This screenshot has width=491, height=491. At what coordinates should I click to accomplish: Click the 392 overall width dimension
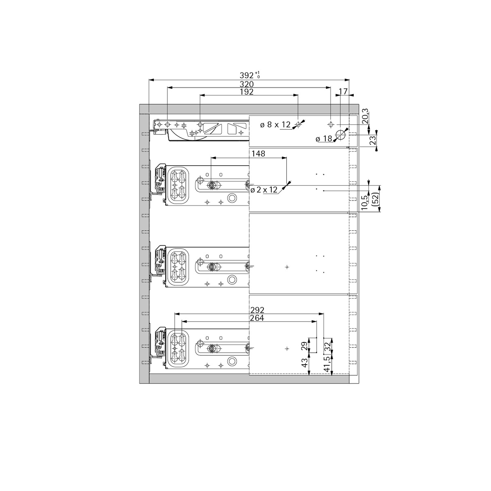tap(247, 75)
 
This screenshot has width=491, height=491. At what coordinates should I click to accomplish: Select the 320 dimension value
tap(247, 84)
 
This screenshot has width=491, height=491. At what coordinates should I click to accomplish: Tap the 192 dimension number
tap(247, 92)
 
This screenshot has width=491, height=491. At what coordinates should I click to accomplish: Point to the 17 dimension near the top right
tap(343, 91)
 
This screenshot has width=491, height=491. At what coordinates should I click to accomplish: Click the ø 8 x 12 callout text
tap(275, 125)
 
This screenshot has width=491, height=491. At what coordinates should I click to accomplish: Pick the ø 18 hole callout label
tap(324, 139)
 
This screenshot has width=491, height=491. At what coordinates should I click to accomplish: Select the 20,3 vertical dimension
tap(365, 116)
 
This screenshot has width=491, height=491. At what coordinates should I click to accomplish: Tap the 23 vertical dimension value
tap(372, 140)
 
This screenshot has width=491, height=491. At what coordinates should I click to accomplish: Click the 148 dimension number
tap(258, 154)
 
